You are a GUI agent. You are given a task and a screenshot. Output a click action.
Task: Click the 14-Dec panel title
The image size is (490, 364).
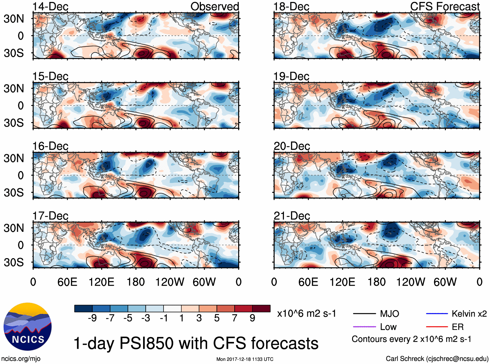point(50,6)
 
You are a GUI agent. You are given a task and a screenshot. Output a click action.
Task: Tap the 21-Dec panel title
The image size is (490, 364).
point(292,216)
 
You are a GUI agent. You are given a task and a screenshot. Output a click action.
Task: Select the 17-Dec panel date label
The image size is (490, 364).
point(50,216)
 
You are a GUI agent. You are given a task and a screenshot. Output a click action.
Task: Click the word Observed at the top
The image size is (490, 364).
point(214,6)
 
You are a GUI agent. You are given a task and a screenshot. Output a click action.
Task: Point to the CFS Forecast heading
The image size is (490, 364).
point(445,6)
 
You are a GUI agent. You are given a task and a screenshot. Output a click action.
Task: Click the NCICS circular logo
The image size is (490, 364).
point(28,327)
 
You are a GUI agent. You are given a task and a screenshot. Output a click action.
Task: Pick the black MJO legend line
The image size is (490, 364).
point(364,314)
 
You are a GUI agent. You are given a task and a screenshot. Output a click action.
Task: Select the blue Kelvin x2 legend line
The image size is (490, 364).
point(437,314)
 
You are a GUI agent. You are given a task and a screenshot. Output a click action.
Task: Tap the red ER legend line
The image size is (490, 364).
point(437,327)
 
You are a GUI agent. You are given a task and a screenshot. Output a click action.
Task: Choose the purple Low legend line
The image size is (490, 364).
point(364,327)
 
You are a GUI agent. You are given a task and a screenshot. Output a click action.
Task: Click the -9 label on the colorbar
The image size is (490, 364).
point(92,318)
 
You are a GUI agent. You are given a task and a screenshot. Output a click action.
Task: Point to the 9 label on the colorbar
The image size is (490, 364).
point(252,318)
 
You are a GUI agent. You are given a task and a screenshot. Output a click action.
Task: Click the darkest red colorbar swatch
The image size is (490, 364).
point(261,308)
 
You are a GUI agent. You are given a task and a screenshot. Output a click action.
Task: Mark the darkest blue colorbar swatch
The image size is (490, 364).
point(83,308)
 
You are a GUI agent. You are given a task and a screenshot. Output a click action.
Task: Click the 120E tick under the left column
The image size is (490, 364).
point(101,282)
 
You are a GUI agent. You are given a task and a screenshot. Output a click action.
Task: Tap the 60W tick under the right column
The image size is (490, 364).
point(445,282)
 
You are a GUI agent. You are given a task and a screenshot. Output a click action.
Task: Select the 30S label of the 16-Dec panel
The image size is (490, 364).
point(14,193)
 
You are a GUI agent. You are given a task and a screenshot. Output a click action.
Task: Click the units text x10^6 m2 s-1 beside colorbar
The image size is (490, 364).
point(306,314)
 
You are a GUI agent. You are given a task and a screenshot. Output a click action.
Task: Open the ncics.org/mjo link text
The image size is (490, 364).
point(21,359)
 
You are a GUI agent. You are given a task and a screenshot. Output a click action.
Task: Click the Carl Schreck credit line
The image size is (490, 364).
point(437,359)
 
